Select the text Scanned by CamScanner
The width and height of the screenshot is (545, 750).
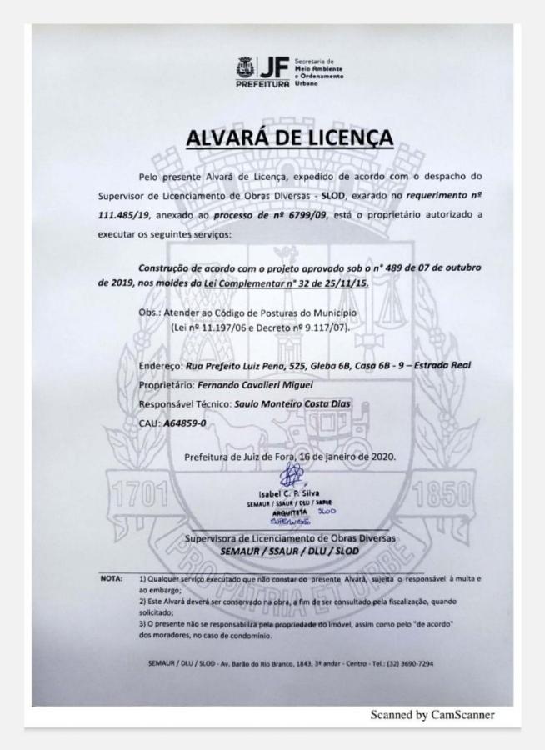pos(432,714)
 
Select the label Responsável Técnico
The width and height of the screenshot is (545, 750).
pos(185,404)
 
